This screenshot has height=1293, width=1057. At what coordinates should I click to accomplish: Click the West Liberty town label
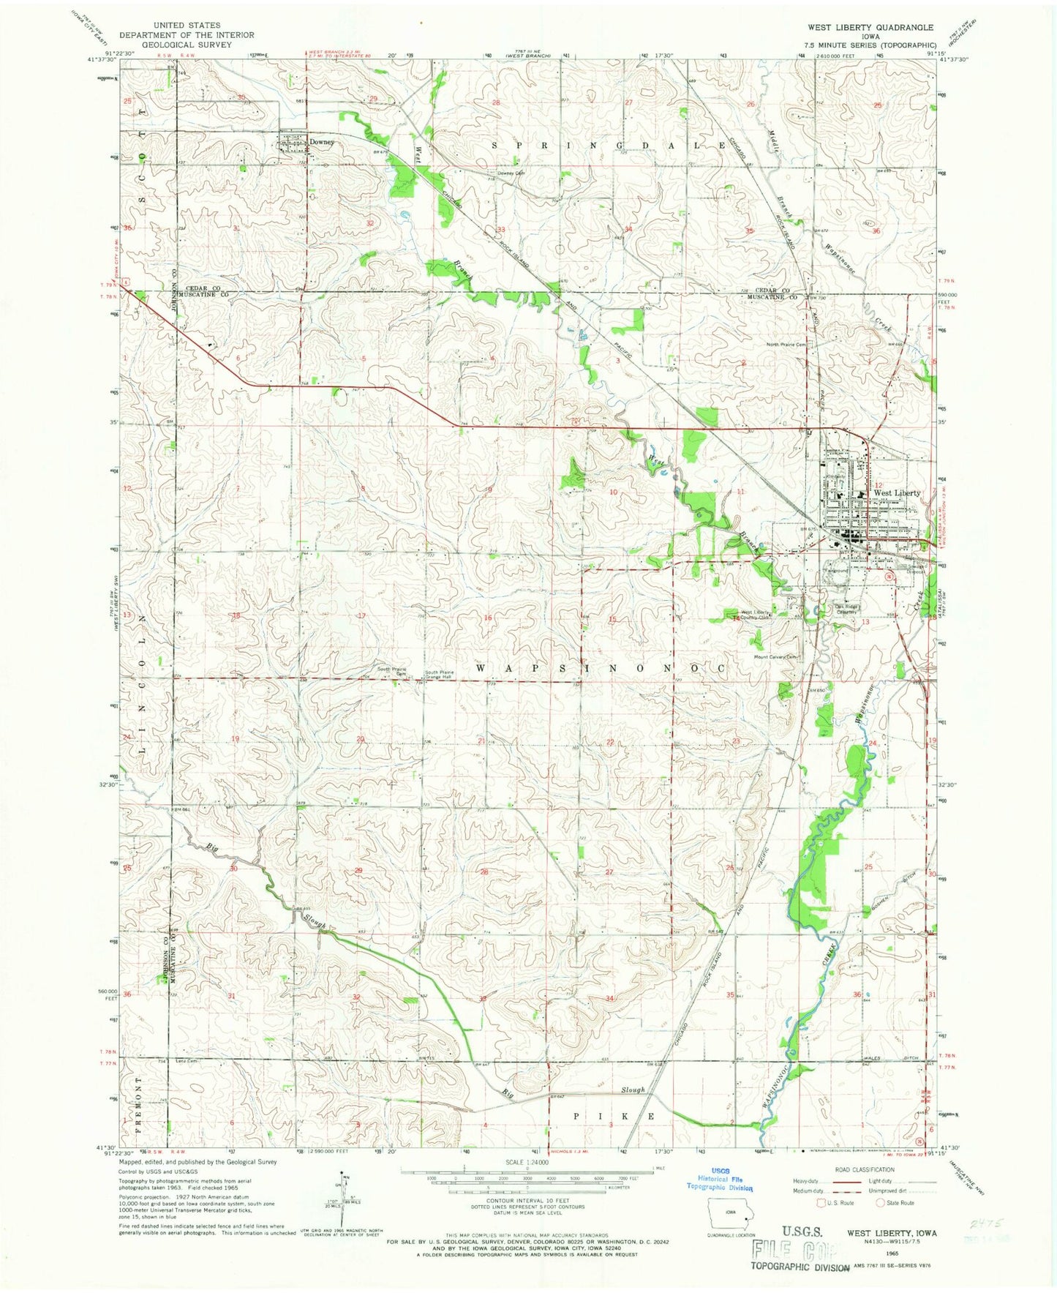897,493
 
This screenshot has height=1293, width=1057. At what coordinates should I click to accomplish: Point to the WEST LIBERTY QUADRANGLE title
870,27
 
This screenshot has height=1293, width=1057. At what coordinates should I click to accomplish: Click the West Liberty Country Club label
756,615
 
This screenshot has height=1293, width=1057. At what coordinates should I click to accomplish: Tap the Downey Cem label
511,173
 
